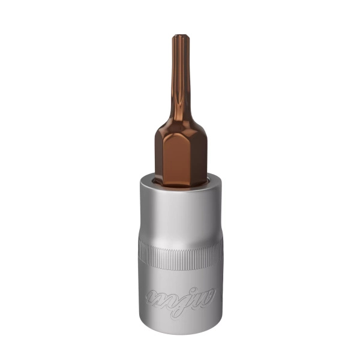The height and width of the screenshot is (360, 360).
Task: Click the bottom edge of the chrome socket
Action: coord(180,334)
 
